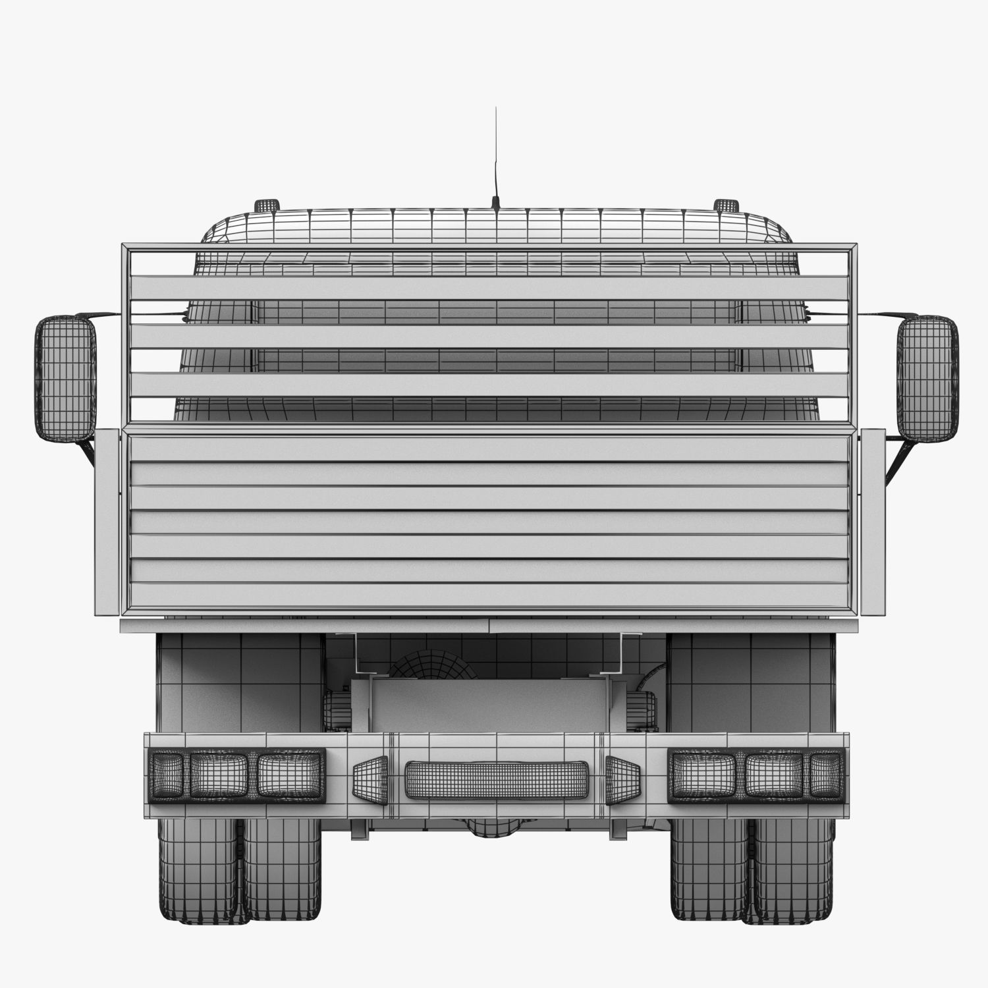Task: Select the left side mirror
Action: pos(65,378)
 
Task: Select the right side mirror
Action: pos(927,378)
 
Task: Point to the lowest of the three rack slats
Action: pos(489,385)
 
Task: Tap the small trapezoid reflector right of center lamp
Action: pos(620,780)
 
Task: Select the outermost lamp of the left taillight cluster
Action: pos(166,775)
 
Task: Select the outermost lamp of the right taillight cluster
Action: pos(827,775)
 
